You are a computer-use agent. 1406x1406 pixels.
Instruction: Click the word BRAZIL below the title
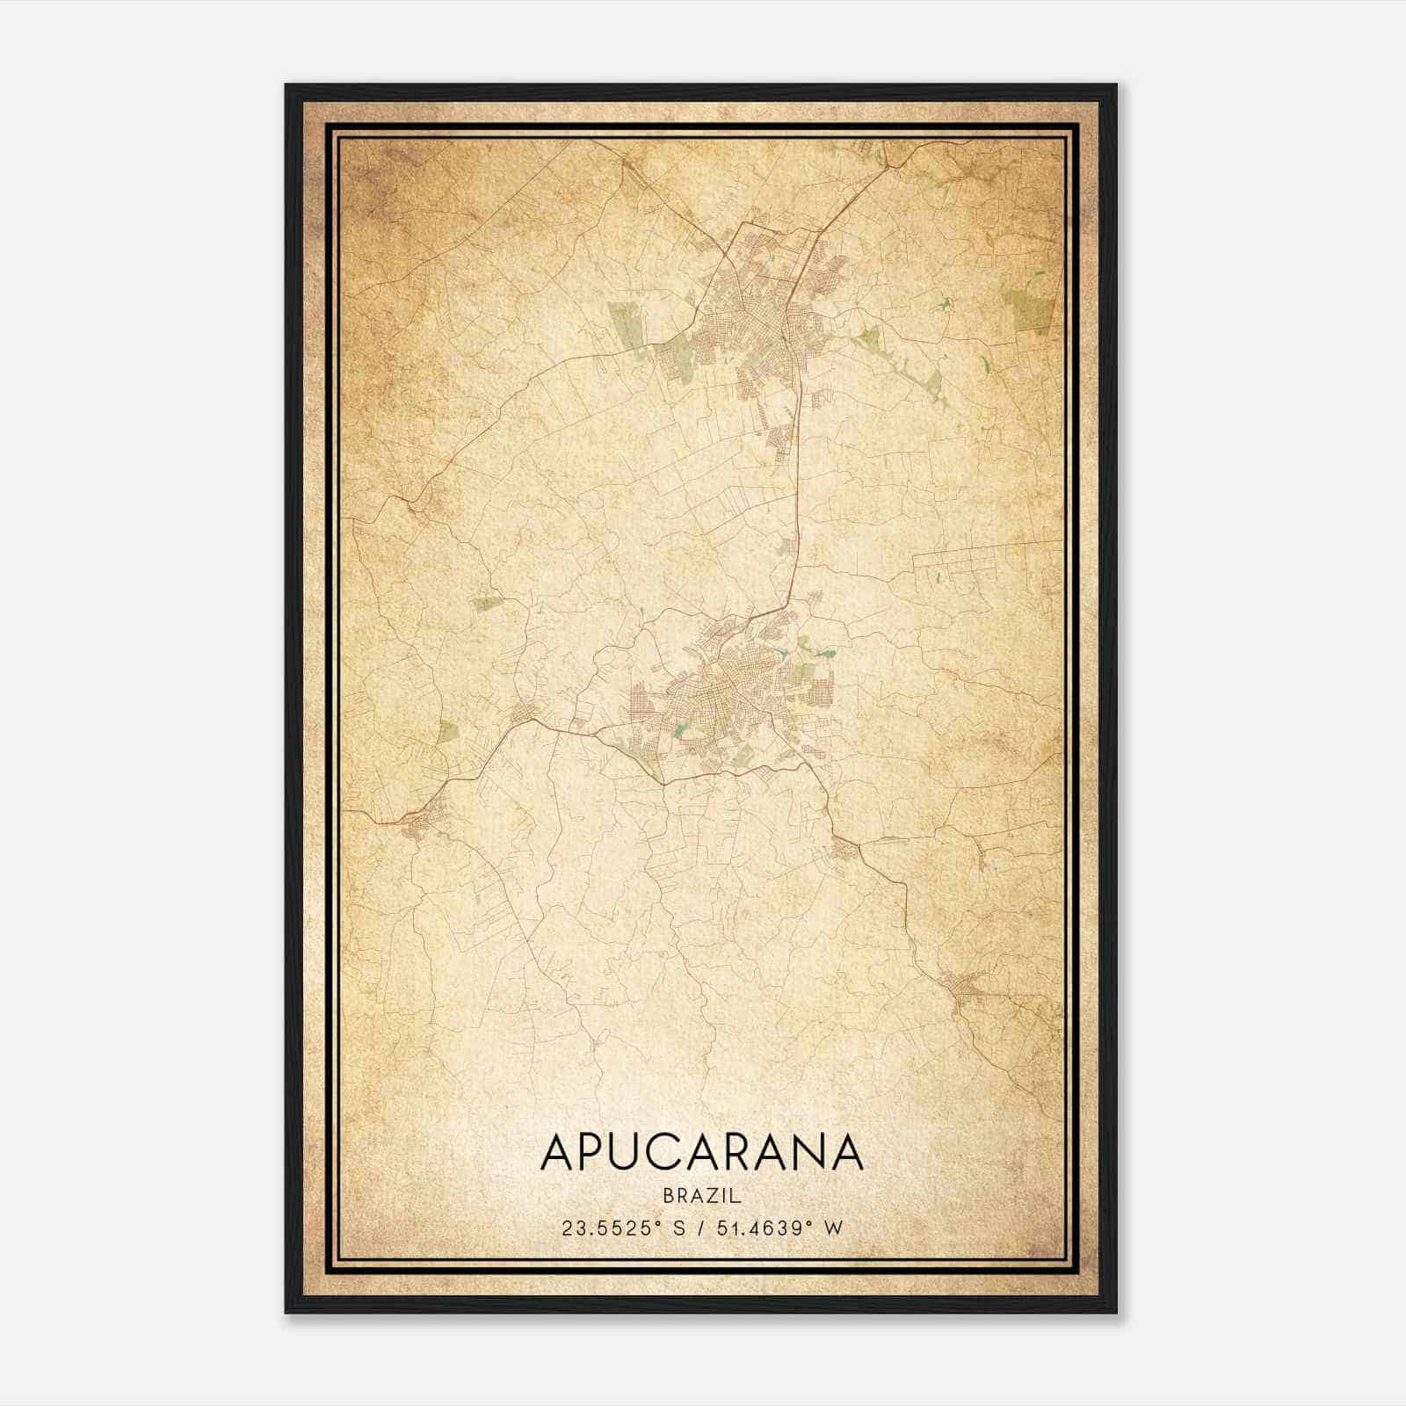click(x=702, y=1196)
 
